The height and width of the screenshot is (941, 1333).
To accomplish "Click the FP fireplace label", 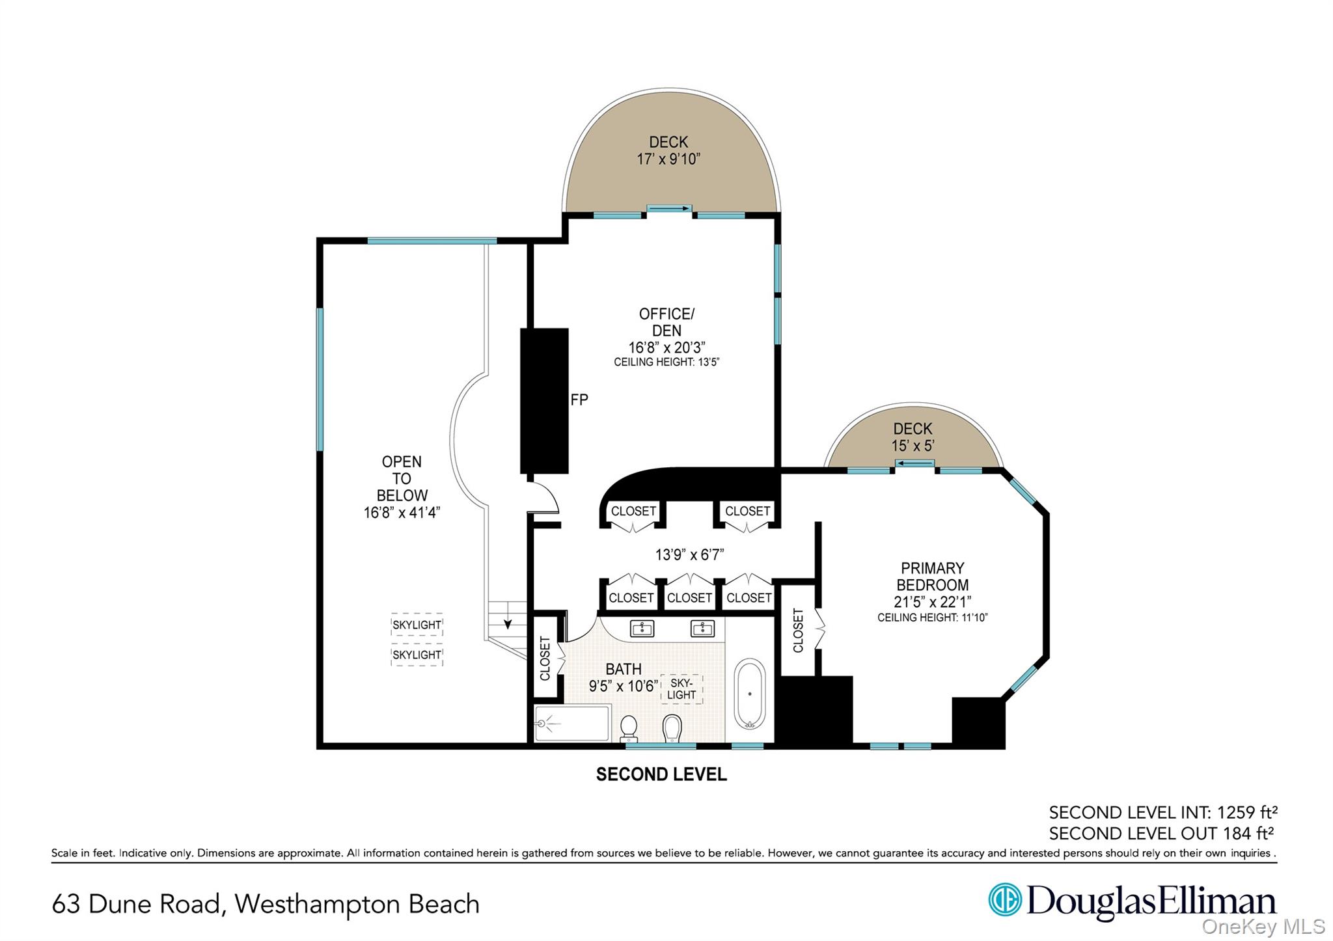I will (579, 400).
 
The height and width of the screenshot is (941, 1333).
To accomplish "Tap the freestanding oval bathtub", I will (749, 694).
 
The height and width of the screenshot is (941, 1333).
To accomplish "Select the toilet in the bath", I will (629, 728).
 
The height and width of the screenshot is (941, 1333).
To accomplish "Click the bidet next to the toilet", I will (672, 728).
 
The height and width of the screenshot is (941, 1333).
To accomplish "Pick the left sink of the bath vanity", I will (642, 628).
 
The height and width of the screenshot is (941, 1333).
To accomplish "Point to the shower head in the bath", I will (542, 722).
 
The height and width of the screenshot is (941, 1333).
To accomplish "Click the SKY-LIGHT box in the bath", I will (681, 689).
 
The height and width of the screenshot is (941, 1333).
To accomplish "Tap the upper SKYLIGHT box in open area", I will (417, 625).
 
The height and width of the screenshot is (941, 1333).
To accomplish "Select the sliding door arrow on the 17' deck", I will (669, 208).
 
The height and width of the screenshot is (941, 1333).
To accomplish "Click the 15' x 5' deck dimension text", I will (913, 446).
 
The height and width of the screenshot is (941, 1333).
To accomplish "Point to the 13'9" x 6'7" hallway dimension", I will (689, 554).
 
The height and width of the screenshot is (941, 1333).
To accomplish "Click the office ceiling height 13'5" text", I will (666, 362).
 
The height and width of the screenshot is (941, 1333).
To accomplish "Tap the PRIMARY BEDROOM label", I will (932, 577).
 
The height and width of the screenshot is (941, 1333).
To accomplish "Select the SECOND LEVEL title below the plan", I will (661, 774).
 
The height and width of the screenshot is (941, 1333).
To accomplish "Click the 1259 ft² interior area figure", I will (1247, 812).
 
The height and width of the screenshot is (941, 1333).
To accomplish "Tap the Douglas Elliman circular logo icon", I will (1004, 899).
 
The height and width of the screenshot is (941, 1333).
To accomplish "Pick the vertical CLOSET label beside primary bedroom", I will (798, 630).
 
